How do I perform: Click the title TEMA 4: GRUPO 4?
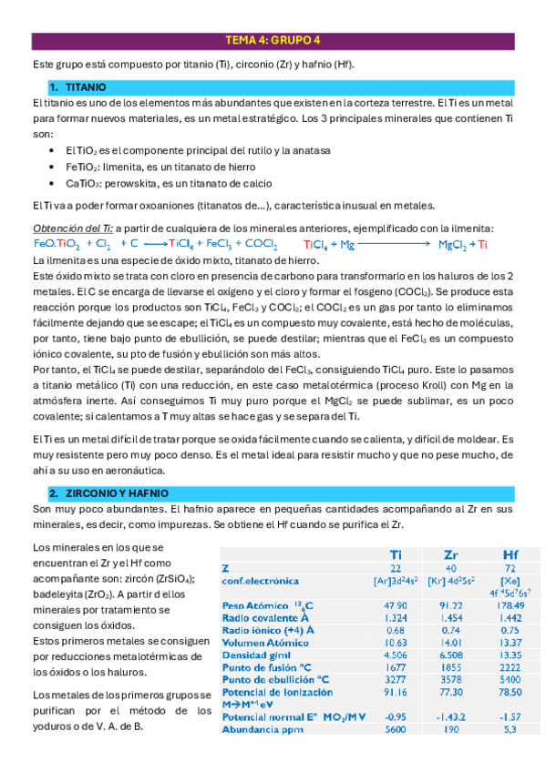tap(272, 40)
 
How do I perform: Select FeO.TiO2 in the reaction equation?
tap(57, 244)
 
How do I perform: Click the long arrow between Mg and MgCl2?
tap(388, 244)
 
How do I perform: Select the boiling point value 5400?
tap(510, 678)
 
